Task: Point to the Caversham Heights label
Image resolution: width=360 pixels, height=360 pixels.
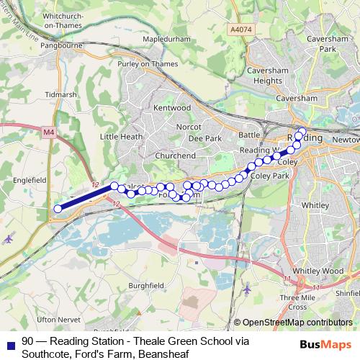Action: [268, 76]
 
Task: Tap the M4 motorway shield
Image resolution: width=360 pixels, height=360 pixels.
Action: [49, 132]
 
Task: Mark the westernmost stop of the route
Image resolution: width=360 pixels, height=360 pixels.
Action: [58, 210]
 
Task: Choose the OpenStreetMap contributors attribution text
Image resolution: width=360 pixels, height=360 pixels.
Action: [297, 323]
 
